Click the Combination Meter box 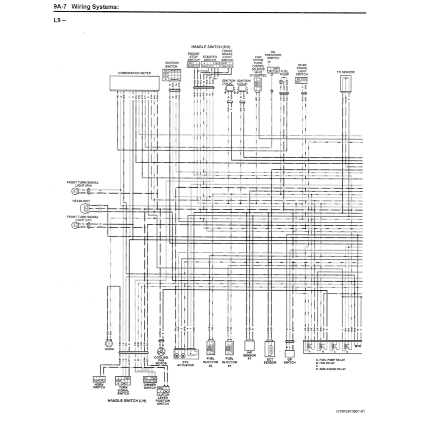(x=134, y=83)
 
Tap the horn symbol (x=109, y=343)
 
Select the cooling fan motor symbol (x=161, y=351)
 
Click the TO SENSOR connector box (x=345, y=85)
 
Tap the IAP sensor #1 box (x=249, y=346)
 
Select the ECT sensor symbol (x=270, y=348)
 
